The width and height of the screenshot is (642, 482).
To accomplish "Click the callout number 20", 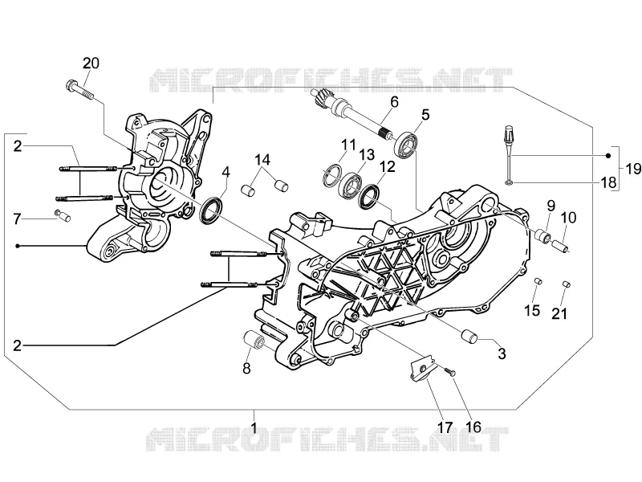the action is (x=91, y=63).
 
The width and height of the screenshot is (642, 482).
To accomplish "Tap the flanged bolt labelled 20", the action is (x=79, y=90).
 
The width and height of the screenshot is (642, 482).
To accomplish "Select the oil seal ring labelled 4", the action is (x=211, y=210).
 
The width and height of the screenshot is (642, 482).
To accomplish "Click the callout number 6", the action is (x=394, y=102).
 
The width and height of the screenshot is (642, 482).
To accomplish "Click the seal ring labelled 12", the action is (x=368, y=196).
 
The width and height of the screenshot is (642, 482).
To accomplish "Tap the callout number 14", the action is (x=262, y=160).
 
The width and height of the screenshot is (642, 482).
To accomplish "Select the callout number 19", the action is (x=633, y=168).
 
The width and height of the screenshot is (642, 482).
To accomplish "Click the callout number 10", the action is (x=568, y=218).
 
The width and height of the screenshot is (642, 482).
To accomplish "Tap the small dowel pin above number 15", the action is (x=538, y=281).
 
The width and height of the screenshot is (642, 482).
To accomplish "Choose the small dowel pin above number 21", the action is (x=567, y=284).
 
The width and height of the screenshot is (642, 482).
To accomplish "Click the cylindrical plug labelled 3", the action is (x=469, y=336).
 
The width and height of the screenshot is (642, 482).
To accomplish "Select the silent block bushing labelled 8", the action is (x=254, y=340).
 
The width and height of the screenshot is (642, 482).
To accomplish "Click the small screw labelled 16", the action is (x=449, y=371).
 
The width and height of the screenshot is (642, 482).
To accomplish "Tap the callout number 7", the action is (x=17, y=219).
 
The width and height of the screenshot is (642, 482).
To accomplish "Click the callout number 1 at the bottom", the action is (x=254, y=428).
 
